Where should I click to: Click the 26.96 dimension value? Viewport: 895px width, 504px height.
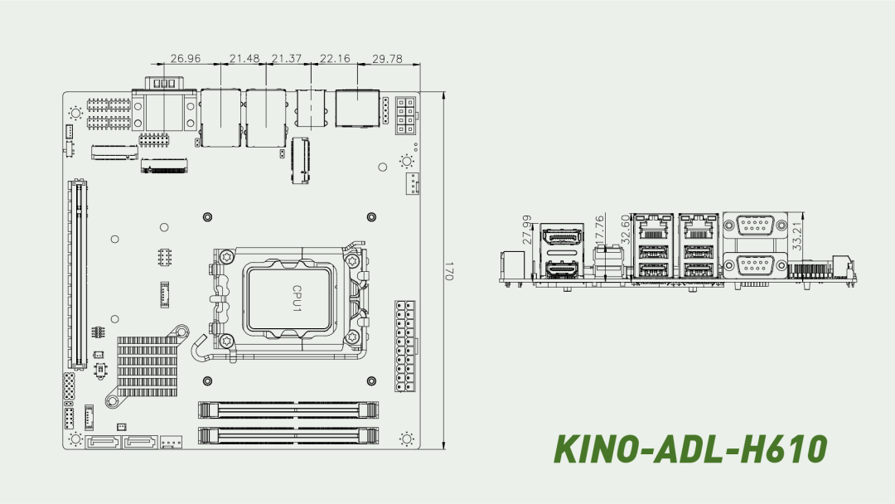click(186, 58)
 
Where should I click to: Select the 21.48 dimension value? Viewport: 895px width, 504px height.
click(244, 58)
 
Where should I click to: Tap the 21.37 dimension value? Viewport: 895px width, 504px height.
click(287, 58)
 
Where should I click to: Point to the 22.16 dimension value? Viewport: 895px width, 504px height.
click(335, 58)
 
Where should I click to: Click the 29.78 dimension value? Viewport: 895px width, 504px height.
click(387, 58)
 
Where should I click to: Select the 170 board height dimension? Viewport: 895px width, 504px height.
click(448, 270)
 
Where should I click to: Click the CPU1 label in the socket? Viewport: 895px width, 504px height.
click(297, 298)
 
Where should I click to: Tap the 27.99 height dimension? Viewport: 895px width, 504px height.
click(527, 229)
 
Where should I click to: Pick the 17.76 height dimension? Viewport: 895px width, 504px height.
click(599, 229)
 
